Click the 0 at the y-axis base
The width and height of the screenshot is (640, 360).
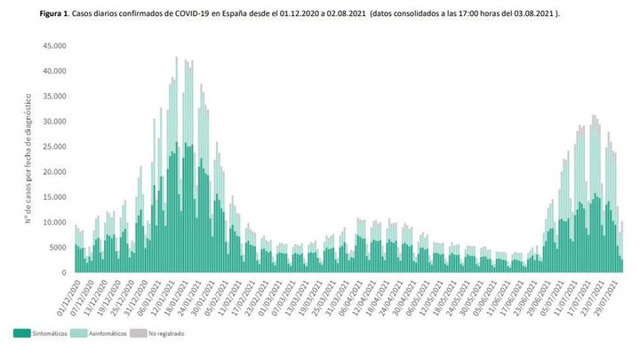pos(64,273)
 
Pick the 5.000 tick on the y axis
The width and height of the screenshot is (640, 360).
pos(57,248)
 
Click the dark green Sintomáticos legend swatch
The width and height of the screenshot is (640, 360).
pos(22,333)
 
